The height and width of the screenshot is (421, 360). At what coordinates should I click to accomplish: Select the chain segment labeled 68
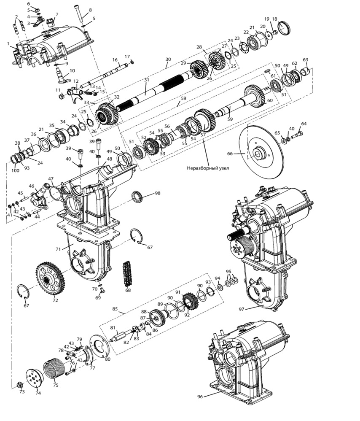127,275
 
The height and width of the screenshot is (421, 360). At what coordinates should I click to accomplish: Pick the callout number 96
200,397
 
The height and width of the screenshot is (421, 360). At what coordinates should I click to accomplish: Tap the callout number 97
242,309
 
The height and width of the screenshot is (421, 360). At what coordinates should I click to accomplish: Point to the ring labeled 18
285,29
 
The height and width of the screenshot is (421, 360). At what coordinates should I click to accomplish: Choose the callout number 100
15,170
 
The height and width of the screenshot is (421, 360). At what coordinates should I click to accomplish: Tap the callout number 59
230,119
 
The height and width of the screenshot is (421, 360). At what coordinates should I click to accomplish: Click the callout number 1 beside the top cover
8,43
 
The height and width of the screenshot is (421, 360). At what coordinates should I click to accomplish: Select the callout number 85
115,309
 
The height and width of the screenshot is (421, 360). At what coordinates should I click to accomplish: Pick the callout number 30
168,59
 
